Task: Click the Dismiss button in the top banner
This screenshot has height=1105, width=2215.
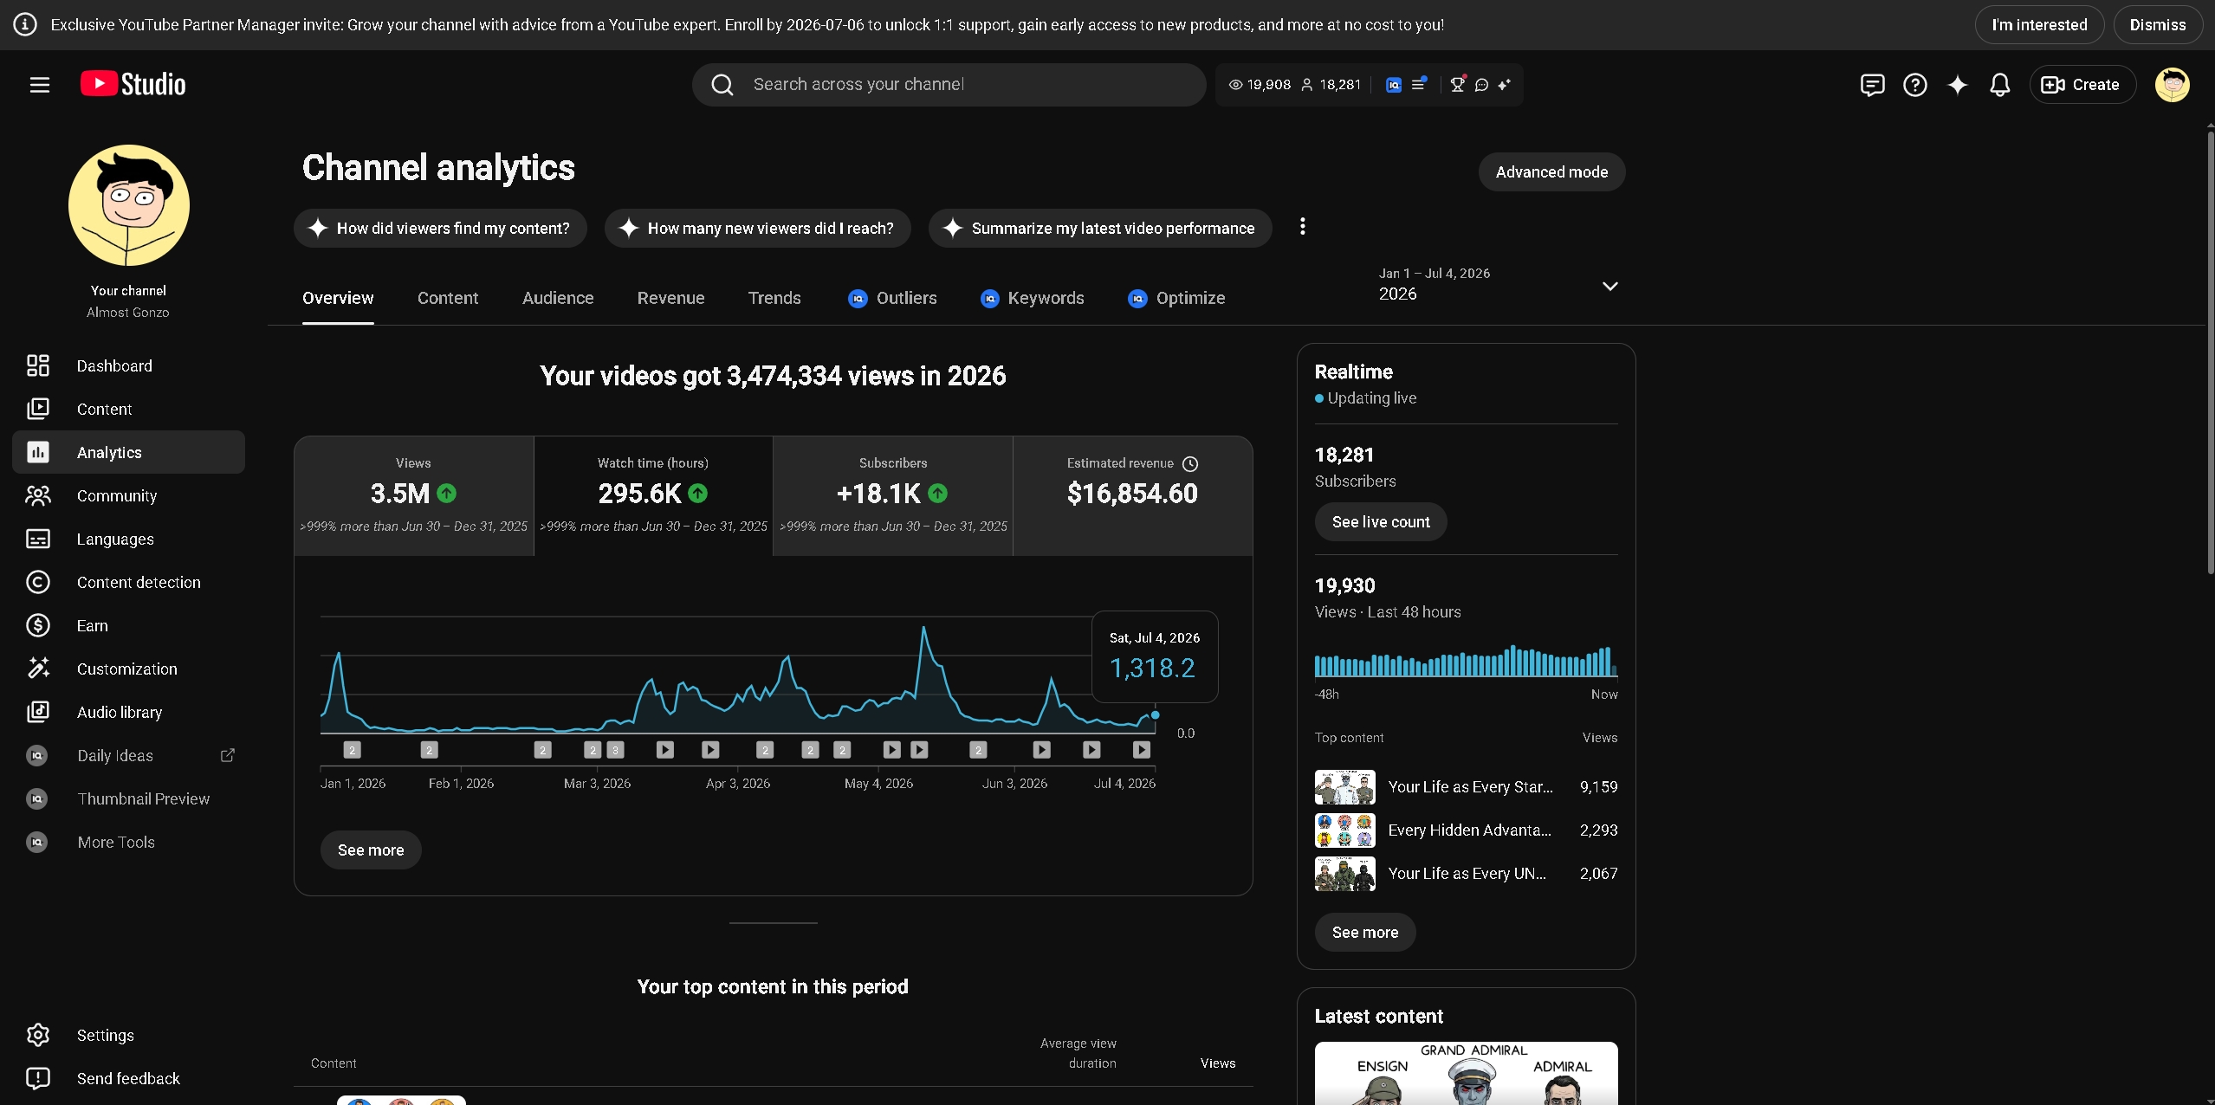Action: pos(2158,25)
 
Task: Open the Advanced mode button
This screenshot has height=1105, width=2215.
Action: pos(1551,172)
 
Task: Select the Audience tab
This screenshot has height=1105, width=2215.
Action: pos(558,298)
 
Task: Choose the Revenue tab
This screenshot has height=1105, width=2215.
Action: pos(670,298)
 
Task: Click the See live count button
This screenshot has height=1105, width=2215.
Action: pos(1381,522)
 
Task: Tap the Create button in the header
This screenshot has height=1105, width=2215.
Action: pos(2082,85)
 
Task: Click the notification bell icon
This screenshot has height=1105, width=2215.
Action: pos(2000,85)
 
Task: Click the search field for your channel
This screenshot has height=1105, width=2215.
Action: pos(949,85)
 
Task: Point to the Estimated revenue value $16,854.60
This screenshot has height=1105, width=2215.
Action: pos(1132,494)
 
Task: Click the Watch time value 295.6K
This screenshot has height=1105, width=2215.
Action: pos(640,494)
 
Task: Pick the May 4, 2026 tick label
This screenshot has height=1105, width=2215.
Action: pos(878,784)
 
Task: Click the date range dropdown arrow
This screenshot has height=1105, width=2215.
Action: pos(1609,286)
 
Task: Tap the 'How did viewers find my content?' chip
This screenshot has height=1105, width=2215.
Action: pos(440,229)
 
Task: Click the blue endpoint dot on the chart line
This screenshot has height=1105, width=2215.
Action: pos(1156,715)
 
